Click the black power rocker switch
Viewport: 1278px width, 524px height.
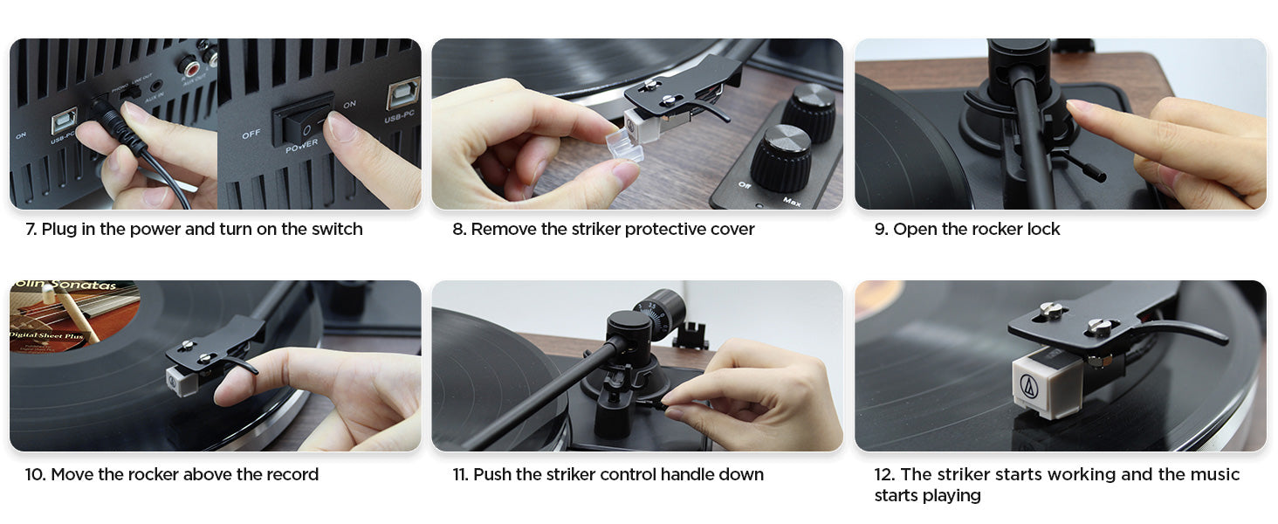click(x=302, y=120)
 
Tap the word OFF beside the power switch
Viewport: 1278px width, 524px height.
click(x=251, y=134)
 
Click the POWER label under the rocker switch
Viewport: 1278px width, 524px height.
click(x=302, y=146)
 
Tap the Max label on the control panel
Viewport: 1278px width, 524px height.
click(x=792, y=201)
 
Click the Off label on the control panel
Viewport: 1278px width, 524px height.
click(x=745, y=185)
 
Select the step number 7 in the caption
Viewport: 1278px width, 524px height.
click(x=31, y=229)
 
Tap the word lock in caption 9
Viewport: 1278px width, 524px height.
click(x=1043, y=229)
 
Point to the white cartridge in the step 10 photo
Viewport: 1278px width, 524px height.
click(x=182, y=382)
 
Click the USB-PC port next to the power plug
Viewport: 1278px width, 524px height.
click(x=65, y=121)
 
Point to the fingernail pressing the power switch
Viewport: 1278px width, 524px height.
click(x=340, y=126)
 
